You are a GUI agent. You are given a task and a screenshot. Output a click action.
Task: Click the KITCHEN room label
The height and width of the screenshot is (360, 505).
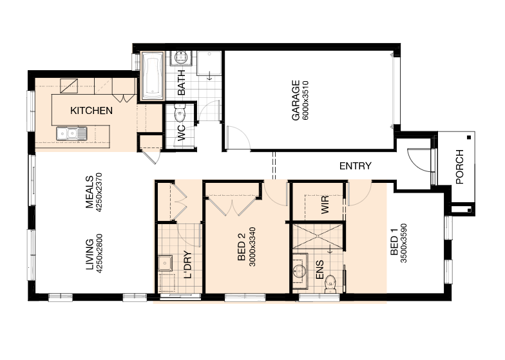click(x=91, y=111)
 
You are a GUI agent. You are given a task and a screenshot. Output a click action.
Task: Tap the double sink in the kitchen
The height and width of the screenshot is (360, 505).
click(x=71, y=134)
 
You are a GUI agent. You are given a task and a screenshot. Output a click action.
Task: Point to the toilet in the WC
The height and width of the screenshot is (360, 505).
click(x=179, y=113)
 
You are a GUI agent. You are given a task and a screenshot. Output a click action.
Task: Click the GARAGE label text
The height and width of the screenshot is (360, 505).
click(x=296, y=100)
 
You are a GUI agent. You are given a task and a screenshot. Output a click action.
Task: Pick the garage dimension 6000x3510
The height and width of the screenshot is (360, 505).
click(x=305, y=100)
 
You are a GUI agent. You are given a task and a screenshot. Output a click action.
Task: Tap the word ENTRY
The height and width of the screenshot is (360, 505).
click(x=356, y=166)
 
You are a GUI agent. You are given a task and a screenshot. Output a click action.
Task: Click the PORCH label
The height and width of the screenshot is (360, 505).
click(x=460, y=167)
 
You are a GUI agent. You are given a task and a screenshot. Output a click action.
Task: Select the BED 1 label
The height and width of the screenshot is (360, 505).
click(x=394, y=245)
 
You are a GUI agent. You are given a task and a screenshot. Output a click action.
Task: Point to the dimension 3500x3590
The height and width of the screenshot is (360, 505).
click(x=404, y=243)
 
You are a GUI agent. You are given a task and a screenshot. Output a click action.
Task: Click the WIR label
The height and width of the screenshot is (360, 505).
click(x=325, y=205)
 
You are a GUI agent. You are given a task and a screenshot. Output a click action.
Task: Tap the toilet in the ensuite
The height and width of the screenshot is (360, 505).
click(x=331, y=284)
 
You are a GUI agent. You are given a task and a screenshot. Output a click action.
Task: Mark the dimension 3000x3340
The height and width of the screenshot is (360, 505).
click(x=252, y=247)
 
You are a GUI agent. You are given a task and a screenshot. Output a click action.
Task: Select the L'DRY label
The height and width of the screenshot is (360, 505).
click(x=187, y=265)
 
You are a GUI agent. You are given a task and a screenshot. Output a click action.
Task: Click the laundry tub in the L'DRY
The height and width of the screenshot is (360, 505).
click(x=165, y=263)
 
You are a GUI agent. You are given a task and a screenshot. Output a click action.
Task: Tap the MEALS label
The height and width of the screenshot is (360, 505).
click(x=89, y=192)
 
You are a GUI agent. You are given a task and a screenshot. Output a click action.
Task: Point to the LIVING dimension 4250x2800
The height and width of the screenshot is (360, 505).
click(x=99, y=254)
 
